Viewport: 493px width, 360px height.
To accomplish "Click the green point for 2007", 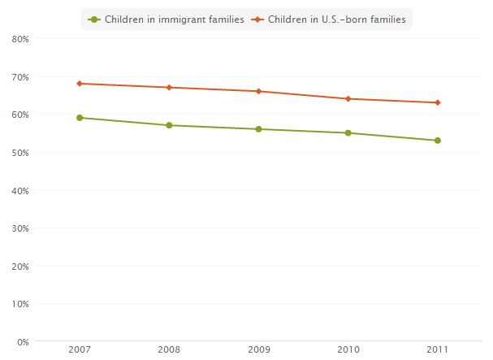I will coord(80,118).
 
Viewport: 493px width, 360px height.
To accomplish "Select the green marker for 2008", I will coord(169,125).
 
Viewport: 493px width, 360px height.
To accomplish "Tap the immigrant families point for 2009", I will coord(258,129).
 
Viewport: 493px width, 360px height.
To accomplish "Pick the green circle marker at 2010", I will coord(348,132).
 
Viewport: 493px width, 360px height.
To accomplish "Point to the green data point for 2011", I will coord(437,141).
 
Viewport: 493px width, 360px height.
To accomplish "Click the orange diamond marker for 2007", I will coord(80,84).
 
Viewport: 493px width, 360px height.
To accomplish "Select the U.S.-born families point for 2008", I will coord(169,87).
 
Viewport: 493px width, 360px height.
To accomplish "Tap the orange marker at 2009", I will coord(258,91).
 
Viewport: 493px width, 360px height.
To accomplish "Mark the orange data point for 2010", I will coord(348,98).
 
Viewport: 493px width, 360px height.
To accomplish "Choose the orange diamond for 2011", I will coord(437,102).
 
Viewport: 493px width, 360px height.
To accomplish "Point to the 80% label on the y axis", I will coord(21,39).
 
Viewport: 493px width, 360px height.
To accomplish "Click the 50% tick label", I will coord(21,153).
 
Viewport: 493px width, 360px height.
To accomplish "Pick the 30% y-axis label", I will coord(21,228).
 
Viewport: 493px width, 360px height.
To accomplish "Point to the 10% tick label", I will coord(21,304).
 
